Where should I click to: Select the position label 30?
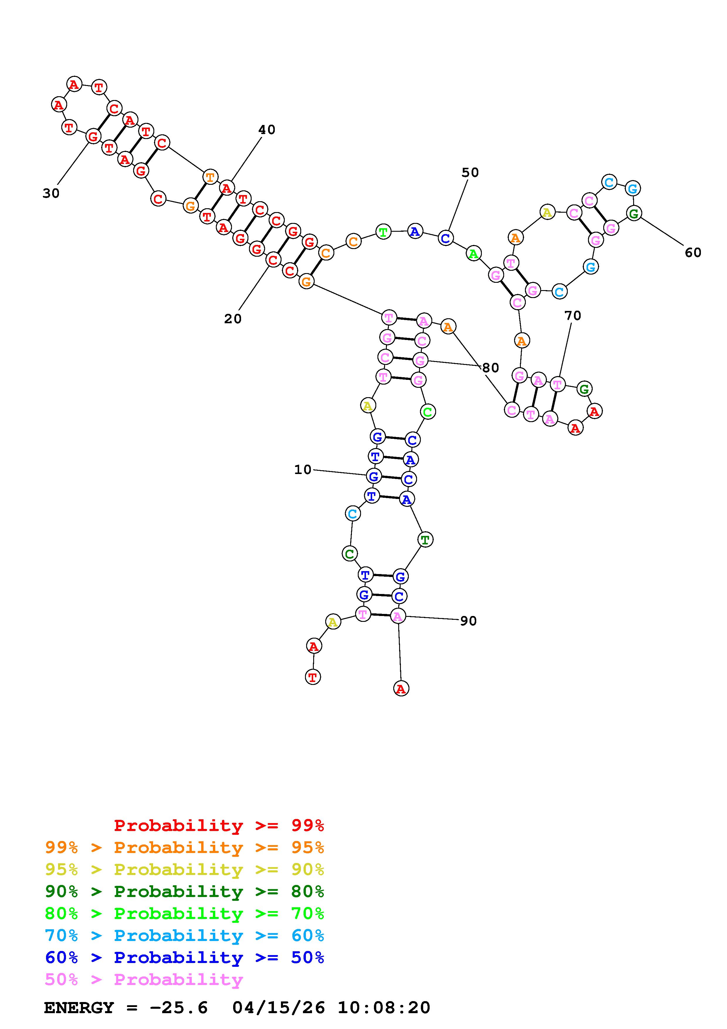tap(51, 193)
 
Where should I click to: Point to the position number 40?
tap(267, 130)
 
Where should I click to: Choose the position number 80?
tap(491, 368)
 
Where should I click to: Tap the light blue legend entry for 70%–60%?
tap(184, 936)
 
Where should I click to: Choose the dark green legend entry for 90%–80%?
tap(184, 892)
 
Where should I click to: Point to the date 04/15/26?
tap(279, 1008)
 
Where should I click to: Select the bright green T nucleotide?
tap(383, 232)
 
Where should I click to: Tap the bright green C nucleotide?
tap(428, 412)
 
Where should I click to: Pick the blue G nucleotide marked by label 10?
tap(374, 476)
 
